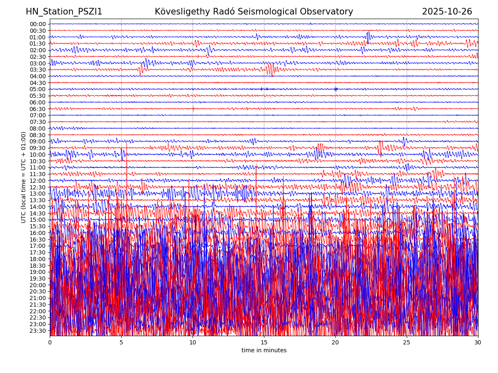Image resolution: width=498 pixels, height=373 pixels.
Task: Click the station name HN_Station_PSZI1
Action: coord(64,12)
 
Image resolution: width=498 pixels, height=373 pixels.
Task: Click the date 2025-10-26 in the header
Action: coord(447,12)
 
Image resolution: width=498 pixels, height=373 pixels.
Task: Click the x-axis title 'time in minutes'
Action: coord(264,351)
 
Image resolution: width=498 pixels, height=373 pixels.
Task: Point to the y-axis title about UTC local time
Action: coord(24,177)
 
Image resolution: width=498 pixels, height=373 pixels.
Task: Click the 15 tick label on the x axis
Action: coord(264,343)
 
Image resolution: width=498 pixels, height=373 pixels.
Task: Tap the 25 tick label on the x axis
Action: coord(407,343)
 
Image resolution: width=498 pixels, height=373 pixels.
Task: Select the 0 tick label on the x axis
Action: coord(50,343)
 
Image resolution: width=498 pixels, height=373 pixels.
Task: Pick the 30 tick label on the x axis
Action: coord(478,343)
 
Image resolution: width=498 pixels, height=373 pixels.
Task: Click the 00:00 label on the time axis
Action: coord(38,24)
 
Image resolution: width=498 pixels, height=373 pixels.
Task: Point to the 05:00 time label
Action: coord(38,89)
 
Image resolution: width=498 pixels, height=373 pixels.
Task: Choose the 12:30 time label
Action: coord(38,187)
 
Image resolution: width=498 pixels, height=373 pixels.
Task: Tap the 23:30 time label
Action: coord(38,331)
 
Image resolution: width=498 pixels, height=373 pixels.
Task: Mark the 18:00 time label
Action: coord(38,259)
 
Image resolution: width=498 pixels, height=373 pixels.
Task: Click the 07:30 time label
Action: coord(38,122)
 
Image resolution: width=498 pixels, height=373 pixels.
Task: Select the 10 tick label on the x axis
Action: coord(193,343)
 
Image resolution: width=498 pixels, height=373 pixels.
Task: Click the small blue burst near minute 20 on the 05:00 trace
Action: coord(336,89)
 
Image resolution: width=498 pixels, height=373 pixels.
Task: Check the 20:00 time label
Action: coord(38,285)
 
